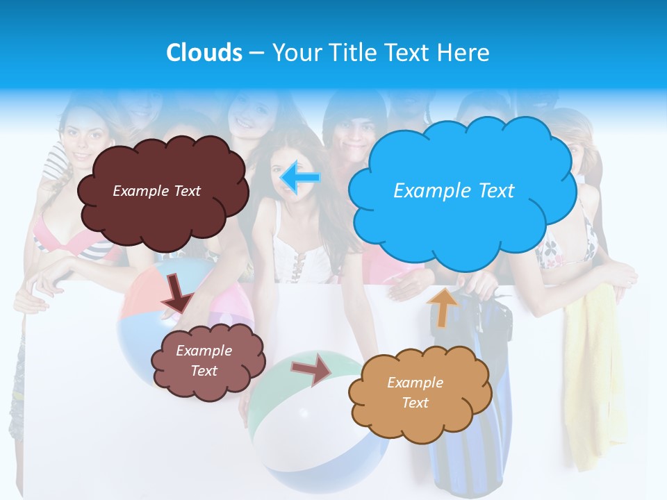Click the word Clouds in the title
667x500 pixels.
[204, 53]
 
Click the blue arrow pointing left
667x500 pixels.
[300, 177]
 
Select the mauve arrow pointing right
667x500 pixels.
[312, 369]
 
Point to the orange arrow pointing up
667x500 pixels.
[443, 306]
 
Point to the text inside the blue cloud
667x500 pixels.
[454, 191]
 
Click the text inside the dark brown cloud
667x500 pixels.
[156, 191]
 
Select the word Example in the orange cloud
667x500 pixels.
[415, 383]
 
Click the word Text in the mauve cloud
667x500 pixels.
[204, 371]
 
